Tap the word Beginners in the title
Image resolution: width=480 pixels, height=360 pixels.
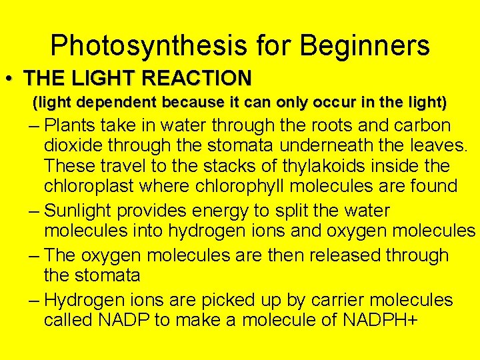coord(365,46)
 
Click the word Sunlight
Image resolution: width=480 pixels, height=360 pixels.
coord(83,211)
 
